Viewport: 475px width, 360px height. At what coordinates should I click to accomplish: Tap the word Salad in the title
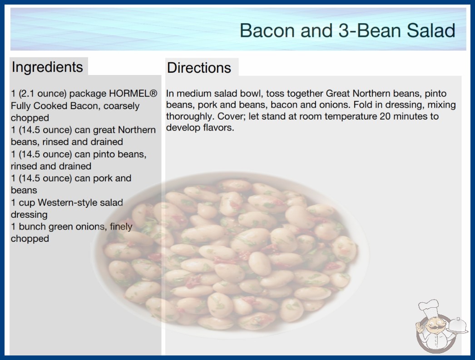pyautogui.click(x=431, y=30)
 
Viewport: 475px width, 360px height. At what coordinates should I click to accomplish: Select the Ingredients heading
pyautogui.click(x=47, y=67)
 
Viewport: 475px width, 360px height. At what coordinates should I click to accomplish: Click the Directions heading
pyautogui.click(x=199, y=68)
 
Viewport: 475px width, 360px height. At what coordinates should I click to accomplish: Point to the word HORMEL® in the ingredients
pyautogui.click(x=133, y=94)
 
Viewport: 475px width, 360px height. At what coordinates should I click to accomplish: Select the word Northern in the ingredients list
pyautogui.click(x=137, y=130)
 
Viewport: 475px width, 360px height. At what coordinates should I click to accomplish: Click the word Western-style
pyautogui.click(x=80, y=202)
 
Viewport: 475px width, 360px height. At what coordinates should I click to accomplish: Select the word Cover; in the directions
pyautogui.click(x=232, y=116)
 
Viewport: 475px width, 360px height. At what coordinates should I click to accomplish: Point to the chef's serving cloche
pyautogui.click(x=457, y=325)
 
